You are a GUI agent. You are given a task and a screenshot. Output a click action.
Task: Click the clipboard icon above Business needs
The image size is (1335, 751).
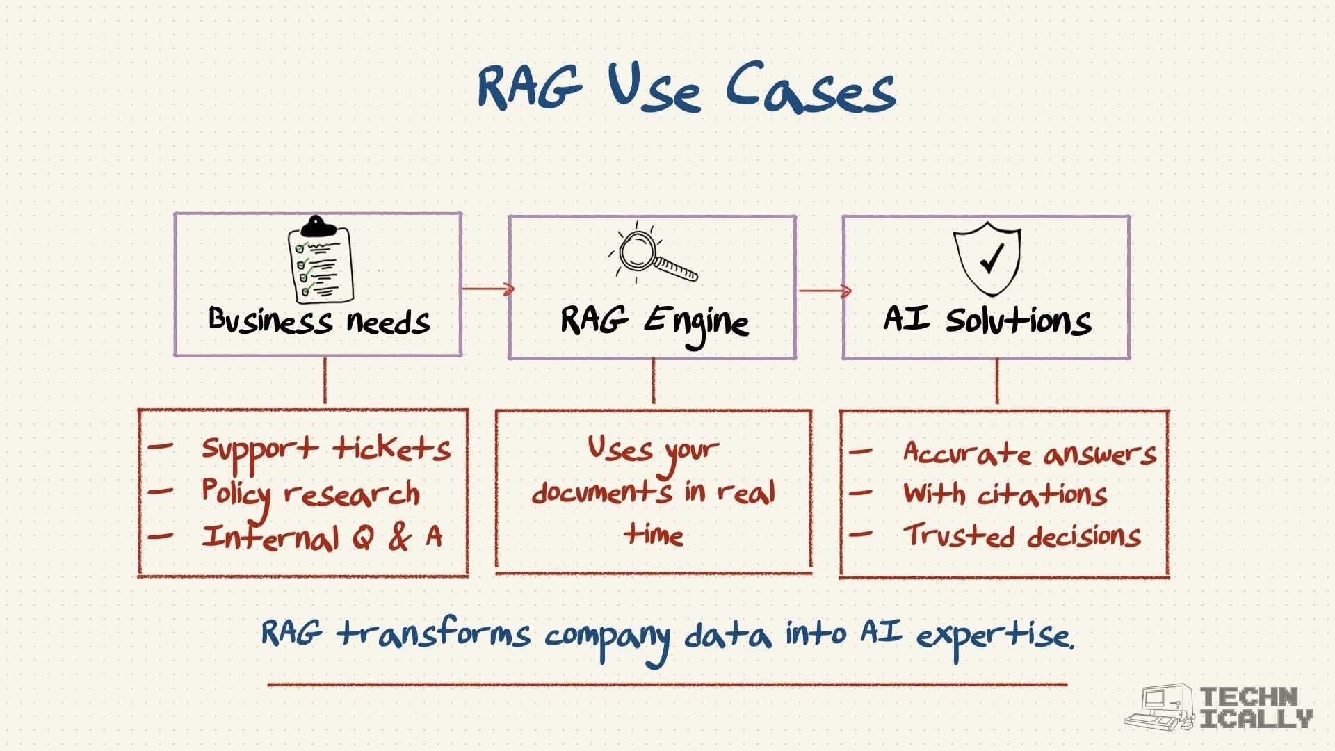(320, 260)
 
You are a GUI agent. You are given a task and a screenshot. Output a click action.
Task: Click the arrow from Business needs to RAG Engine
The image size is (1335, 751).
(487, 289)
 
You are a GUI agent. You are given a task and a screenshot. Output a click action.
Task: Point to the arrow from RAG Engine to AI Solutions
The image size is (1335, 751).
(825, 291)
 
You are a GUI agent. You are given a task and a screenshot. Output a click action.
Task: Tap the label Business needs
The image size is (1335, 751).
(319, 321)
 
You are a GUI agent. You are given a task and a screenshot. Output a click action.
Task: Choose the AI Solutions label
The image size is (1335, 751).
(987, 321)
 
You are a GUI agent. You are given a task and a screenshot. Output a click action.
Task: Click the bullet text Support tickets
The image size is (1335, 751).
(325, 449)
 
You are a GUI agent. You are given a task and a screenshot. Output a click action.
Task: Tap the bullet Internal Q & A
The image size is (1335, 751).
(321, 538)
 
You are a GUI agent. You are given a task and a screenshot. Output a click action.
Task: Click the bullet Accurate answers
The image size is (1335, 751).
(1029, 453)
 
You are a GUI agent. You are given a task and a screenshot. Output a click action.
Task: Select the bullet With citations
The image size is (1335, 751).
(1005, 494)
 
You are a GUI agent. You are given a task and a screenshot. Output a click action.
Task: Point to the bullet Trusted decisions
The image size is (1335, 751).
(1021, 536)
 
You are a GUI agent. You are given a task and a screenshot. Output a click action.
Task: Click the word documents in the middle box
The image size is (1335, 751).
(602, 492)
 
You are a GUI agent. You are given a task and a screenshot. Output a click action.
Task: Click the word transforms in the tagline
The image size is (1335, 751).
(435, 634)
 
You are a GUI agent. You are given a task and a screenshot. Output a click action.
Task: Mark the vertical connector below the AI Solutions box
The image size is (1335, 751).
(996, 382)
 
